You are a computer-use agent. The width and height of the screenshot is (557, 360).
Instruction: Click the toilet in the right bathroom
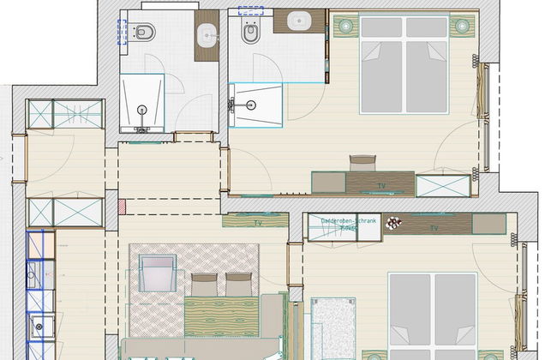[x=251, y=33]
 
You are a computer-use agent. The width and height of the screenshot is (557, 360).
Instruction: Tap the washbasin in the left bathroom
[x=206, y=37]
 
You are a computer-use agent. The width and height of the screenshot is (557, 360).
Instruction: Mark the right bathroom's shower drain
[x=251, y=105]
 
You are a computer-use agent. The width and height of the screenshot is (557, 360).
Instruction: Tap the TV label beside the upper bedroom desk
[x=380, y=184]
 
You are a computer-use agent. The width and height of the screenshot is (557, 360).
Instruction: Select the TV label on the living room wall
[x=256, y=222]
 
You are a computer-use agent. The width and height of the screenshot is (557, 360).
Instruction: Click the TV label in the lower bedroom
[x=434, y=228]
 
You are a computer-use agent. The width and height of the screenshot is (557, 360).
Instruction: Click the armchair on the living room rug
[x=156, y=273]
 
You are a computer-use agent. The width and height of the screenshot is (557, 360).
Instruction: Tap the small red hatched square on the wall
[x=123, y=207]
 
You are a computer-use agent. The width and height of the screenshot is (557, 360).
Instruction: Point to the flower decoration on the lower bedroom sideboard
[x=393, y=223]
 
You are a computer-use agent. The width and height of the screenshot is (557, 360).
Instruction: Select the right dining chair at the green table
[x=238, y=284]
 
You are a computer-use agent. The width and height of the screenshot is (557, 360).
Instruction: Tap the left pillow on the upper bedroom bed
[x=381, y=27]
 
